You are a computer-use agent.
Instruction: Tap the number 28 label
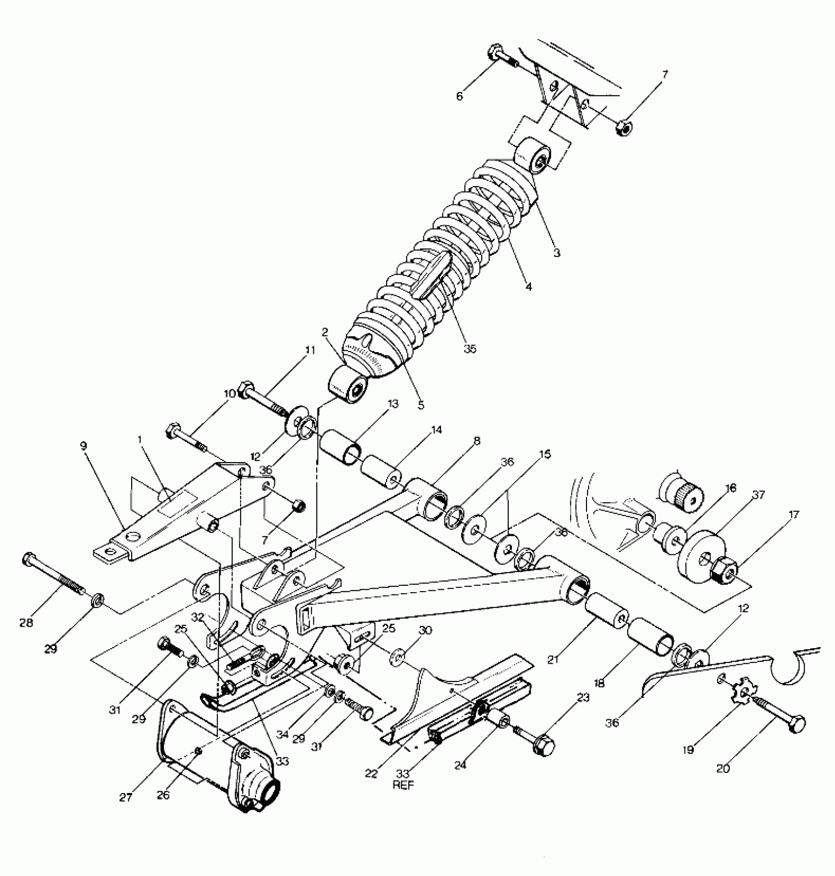tap(26, 623)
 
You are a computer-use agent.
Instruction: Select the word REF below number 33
tap(403, 785)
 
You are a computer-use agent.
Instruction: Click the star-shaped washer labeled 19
tap(744, 693)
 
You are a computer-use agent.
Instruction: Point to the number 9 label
tap(83, 446)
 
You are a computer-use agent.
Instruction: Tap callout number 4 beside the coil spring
tap(528, 286)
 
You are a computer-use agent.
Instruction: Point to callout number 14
tap(436, 430)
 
